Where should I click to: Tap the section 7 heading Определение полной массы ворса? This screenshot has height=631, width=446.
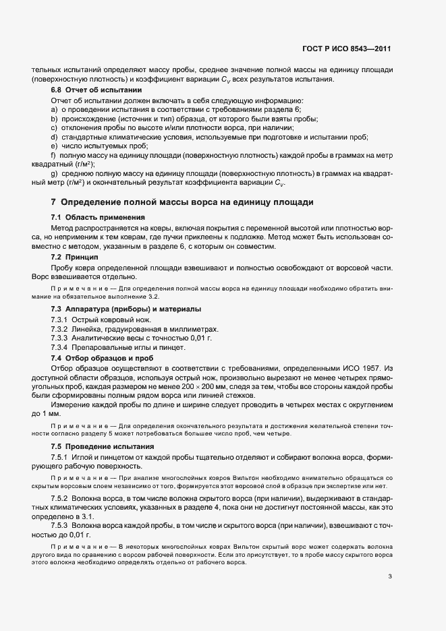pyautogui.click(x=180, y=202)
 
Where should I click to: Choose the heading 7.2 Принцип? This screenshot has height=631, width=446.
pyautogui.click(x=75, y=258)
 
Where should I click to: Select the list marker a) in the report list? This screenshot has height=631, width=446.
pyautogui.click(x=54, y=109)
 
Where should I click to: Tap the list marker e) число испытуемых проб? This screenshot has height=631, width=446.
pyautogui.click(x=54, y=145)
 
